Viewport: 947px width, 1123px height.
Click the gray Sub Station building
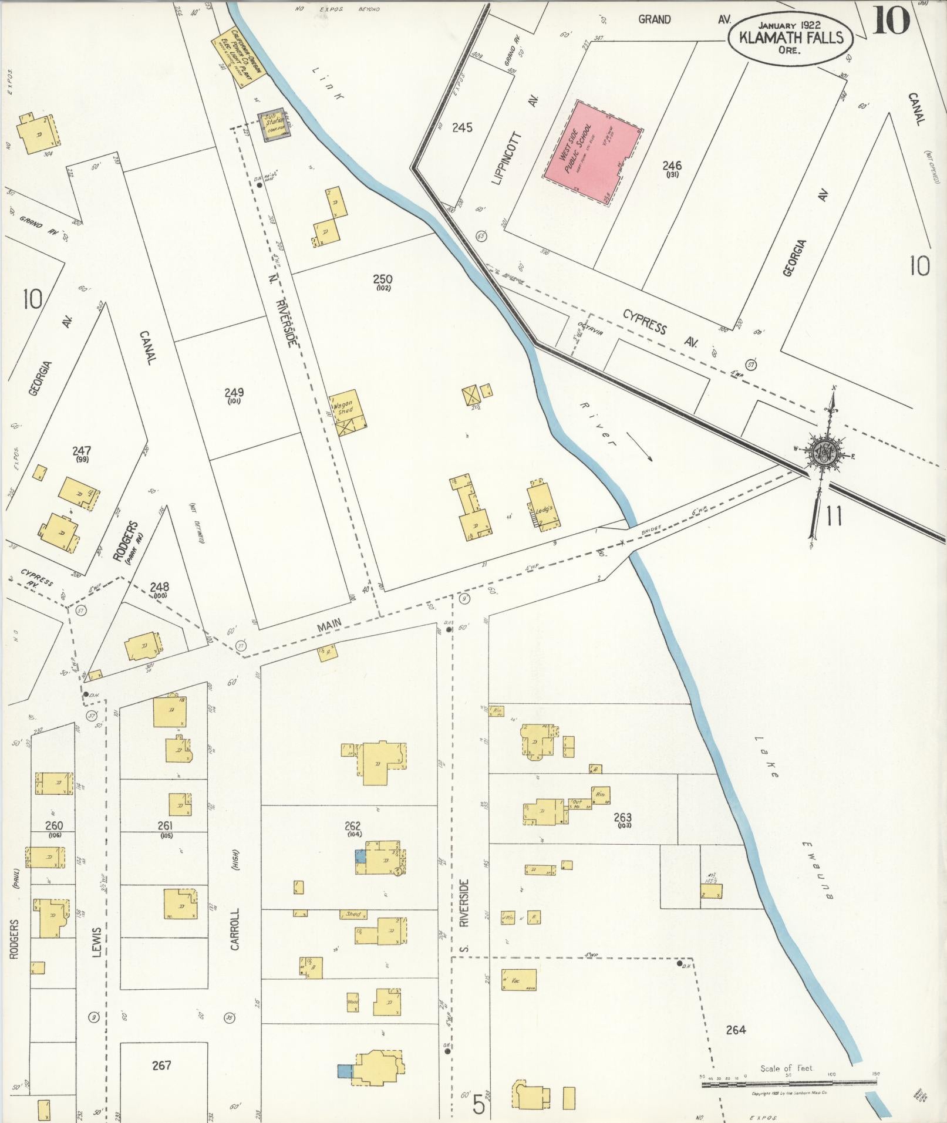coord(274,124)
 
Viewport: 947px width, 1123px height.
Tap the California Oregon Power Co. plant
coord(240,55)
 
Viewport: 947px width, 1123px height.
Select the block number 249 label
coord(234,392)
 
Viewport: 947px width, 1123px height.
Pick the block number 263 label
coord(622,817)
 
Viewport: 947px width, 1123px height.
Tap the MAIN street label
coord(329,628)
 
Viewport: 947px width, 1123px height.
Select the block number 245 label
coord(463,127)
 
